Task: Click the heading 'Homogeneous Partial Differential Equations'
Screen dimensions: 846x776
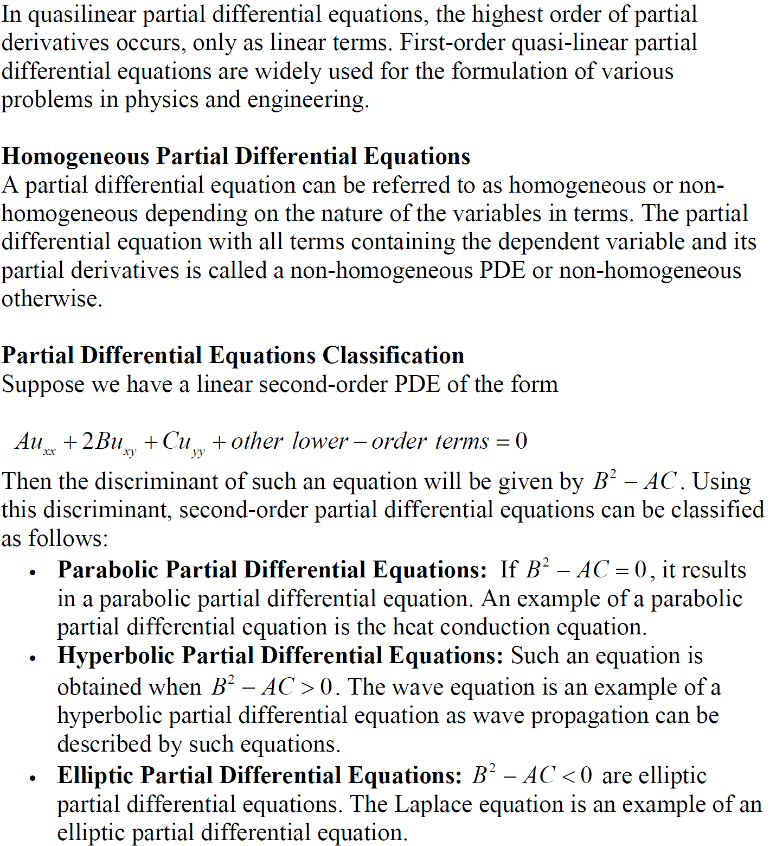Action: (236, 156)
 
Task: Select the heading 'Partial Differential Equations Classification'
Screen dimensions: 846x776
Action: (233, 355)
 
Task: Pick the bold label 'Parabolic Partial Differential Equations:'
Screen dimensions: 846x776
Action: (272, 570)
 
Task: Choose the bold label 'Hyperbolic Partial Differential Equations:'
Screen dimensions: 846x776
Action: (281, 656)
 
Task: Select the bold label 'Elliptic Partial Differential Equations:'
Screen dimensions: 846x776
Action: (260, 775)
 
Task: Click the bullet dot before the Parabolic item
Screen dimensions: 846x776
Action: (33, 573)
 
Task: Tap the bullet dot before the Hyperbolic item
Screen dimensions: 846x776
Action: (33, 658)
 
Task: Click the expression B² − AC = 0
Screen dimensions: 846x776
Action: (586, 570)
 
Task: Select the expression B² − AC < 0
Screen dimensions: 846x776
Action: (532, 775)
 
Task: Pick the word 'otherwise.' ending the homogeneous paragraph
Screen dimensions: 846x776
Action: (52, 298)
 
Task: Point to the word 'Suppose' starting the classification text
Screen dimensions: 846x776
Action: (43, 385)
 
